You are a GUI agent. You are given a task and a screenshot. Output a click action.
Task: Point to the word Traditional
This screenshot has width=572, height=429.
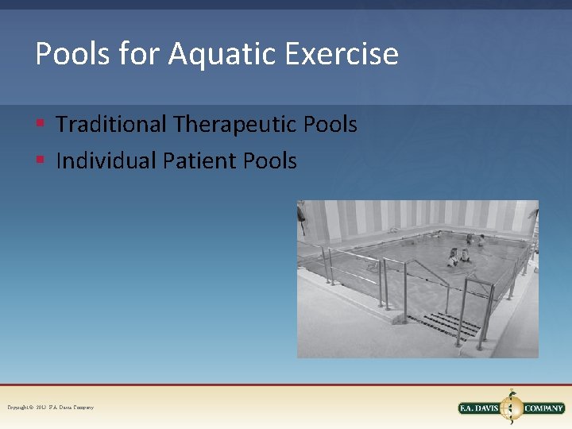[111, 125]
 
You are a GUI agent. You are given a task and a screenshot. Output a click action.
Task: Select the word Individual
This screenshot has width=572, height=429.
[106, 161]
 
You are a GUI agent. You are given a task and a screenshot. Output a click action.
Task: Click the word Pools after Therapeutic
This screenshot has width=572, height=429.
[330, 125]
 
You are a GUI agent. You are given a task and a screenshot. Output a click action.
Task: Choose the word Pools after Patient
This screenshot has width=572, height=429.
[270, 161]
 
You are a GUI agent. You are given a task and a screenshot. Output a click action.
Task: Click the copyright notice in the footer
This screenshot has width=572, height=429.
[50, 407]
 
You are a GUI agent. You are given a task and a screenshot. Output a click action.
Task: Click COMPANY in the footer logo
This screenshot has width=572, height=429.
[543, 408]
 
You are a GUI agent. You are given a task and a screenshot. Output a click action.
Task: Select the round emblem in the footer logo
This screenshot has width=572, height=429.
[512, 407]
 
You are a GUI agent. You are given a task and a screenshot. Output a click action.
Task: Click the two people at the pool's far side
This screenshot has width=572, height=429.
[474, 238]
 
